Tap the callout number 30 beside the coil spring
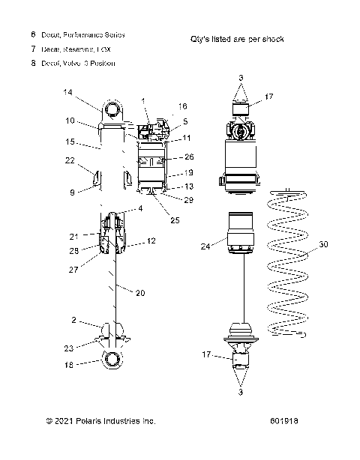[x=323, y=245]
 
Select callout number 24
[x=205, y=244]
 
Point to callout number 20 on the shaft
[x=140, y=293]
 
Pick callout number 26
[x=189, y=157]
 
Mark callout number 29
[x=188, y=200]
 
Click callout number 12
[x=151, y=240]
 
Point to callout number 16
[x=183, y=106]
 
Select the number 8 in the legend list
[x=33, y=64]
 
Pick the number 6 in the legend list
[x=33, y=34]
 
